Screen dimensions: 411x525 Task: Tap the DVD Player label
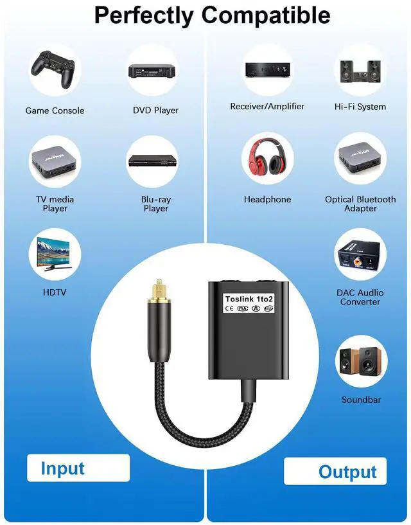point(155,111)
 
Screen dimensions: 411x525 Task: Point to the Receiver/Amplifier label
point(267,107)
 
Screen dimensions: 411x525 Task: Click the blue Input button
point(63,468)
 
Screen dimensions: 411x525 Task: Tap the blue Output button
point(347,472)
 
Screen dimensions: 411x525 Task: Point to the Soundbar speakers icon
point(360,361)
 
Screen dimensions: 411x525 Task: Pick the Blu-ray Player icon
point(152,161)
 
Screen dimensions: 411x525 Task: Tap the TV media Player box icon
point(55,161)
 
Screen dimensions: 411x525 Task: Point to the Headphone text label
point(267,200)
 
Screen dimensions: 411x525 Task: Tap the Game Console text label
point(55,111)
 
